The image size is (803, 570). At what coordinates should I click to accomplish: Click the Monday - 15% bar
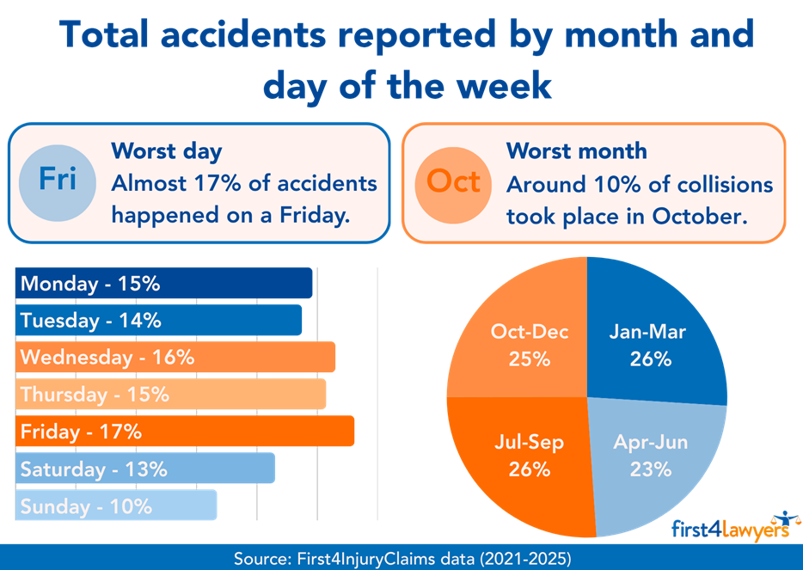(163, 284)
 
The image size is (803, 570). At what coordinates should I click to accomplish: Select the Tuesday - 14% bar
(158, 320)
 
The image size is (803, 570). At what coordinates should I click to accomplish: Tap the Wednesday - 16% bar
(175, 357)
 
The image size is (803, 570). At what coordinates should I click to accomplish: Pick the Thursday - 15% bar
(170, 395)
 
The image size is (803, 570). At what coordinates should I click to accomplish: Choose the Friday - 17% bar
(185, 432)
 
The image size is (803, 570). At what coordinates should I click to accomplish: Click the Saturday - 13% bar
(145, 469)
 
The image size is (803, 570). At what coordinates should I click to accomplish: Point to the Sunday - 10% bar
(116, 506)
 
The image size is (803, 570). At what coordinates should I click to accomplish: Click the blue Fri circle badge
(58, 180)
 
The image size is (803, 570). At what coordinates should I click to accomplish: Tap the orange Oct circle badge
(453, 181)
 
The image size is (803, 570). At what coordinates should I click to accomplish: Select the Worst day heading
(167, 152)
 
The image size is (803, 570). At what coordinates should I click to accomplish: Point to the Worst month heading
(576, 151)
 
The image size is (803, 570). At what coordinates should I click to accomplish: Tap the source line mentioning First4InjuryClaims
(401, 558)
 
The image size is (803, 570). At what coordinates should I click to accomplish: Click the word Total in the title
(115, 36)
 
